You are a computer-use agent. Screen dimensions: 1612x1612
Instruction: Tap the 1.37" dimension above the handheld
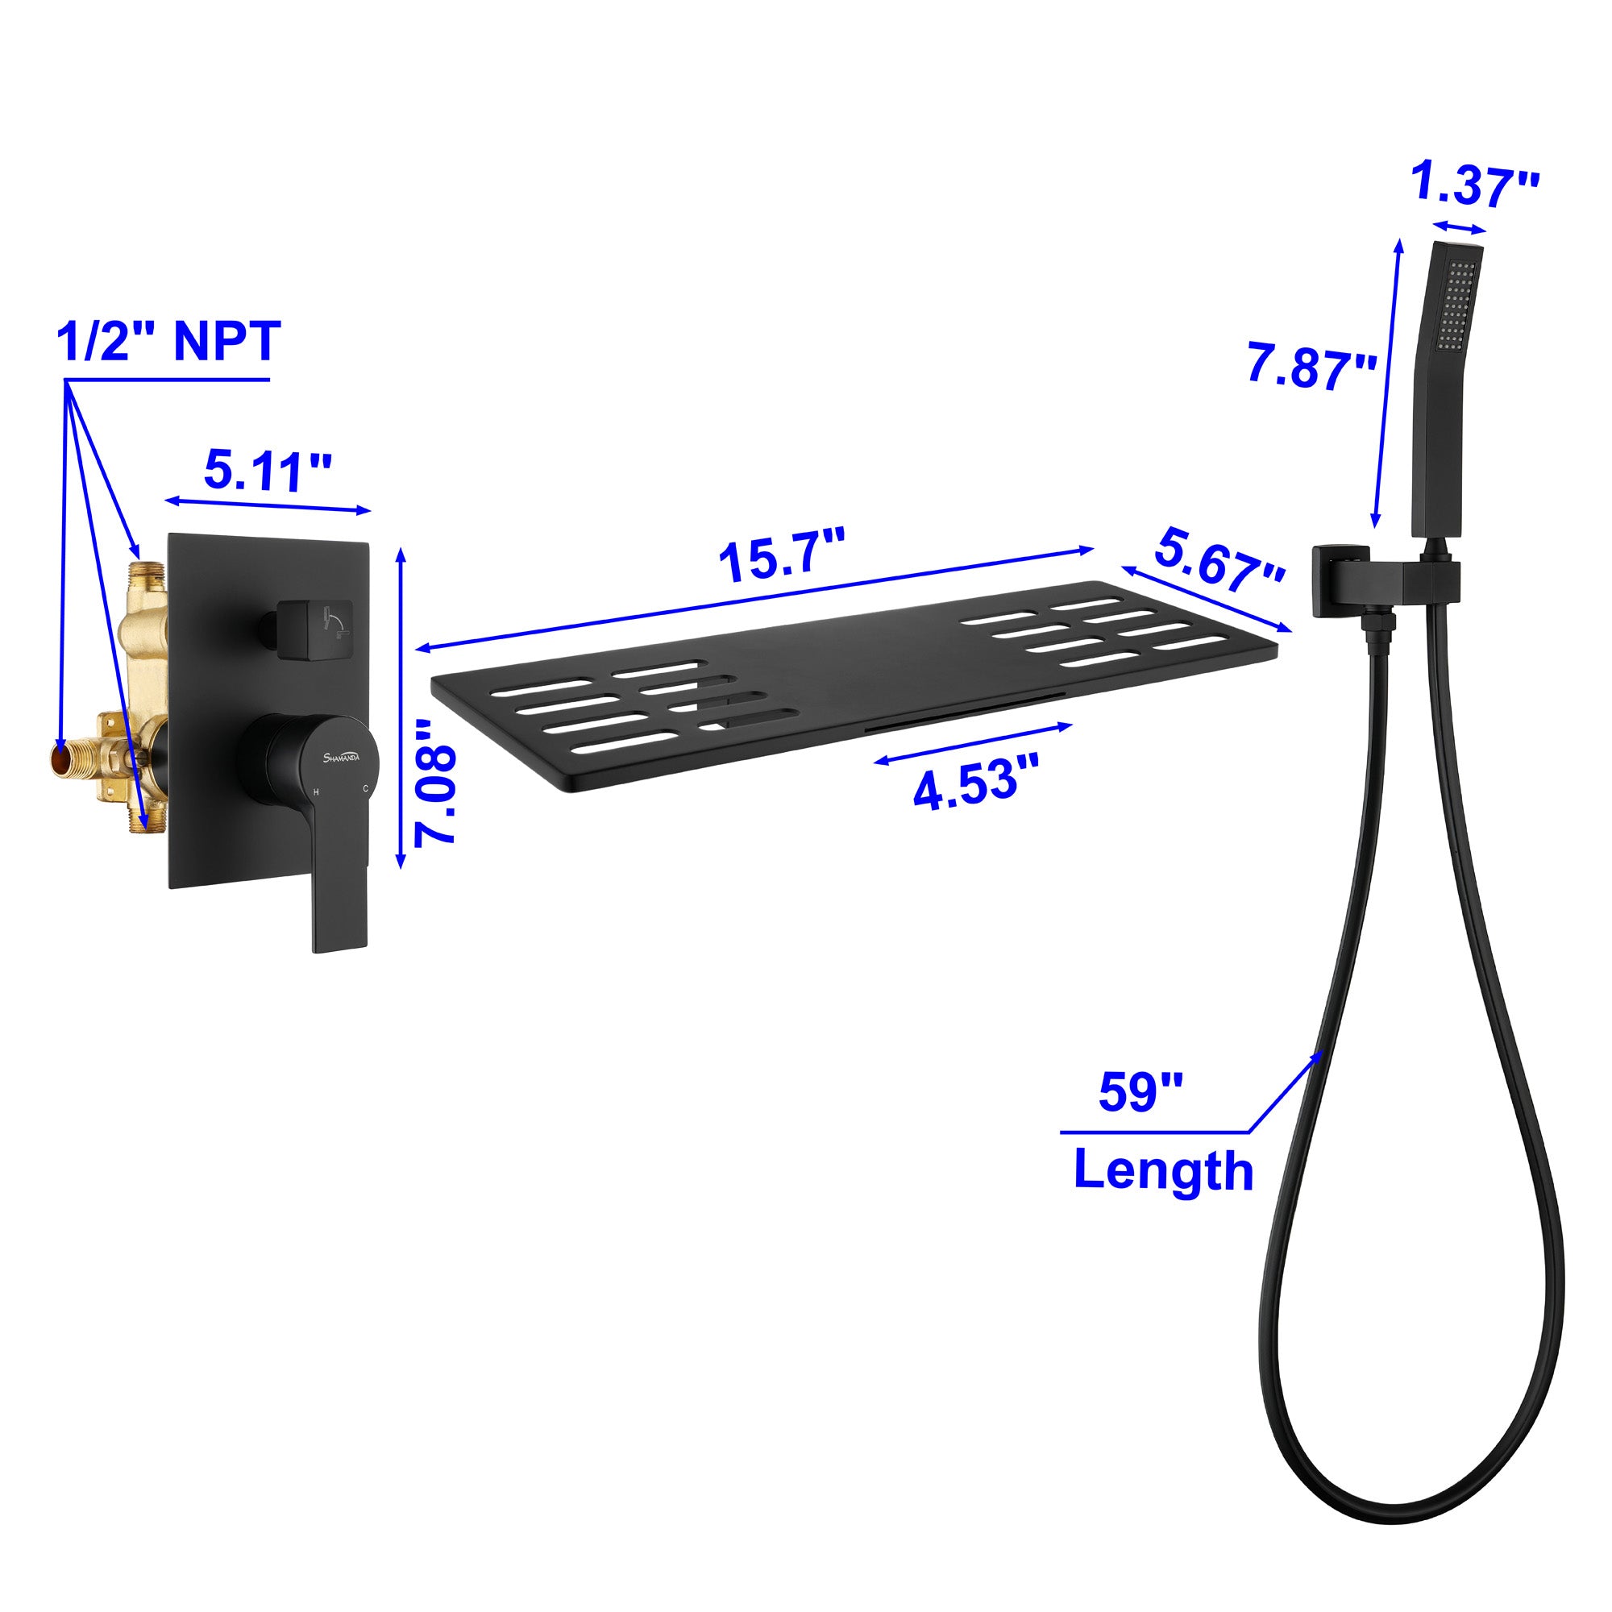pos(1474,186)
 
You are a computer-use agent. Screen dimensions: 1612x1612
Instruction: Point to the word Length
pos(1163,1170)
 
